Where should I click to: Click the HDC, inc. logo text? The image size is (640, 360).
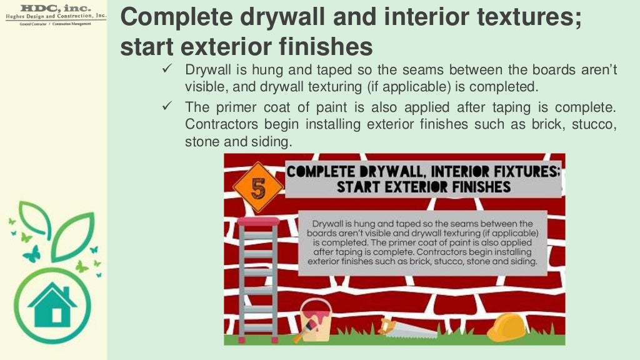click(56, 7)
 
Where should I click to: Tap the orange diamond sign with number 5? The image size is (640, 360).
click(258, 187)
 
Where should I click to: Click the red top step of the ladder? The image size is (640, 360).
click(258, 221)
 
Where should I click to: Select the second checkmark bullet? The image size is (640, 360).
click(167, 106)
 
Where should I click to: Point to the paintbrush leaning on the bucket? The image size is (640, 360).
click(304, 329)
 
